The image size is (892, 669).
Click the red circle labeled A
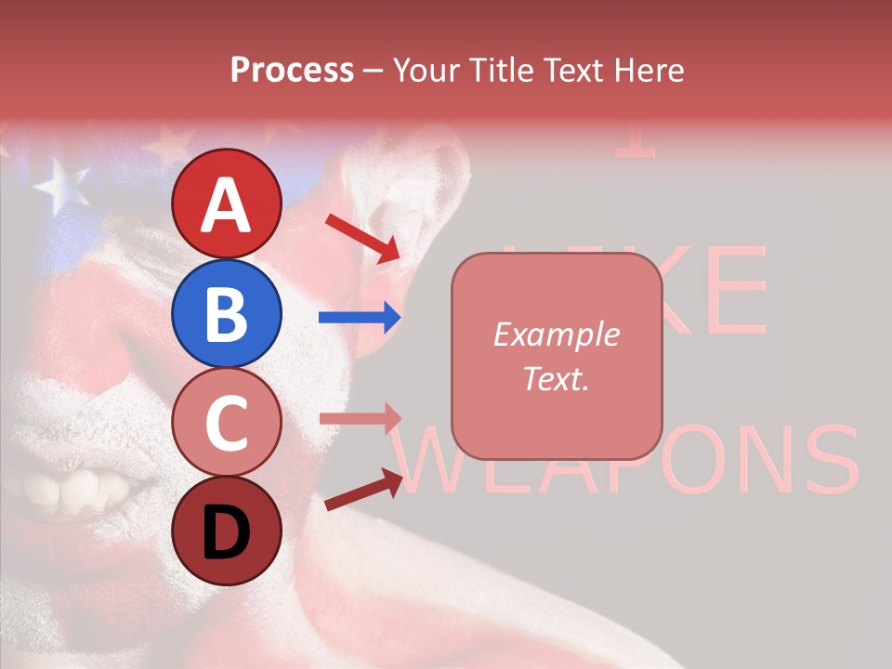pyautogui.click(x=227, y=203)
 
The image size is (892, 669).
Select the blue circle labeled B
pyautogui.click(x=227, y=313)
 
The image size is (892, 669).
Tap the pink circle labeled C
pyautogui.click(x=227, y=422)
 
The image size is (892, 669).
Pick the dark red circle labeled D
pyautogui.click(x=227, y=531)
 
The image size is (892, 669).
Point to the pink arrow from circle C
pyautogui.click(x=360, y=417)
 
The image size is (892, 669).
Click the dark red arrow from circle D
pyautogui.click(x=362, y=491)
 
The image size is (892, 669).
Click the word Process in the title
pyautogui.click(x=292, y=71)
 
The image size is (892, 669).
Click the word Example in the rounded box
pyautogui.click(x=556, y=334)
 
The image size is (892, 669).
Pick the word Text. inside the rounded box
pyautogui.click(x=556, y=378)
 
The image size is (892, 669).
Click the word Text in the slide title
pyautogui.click(x=569, y=71)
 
